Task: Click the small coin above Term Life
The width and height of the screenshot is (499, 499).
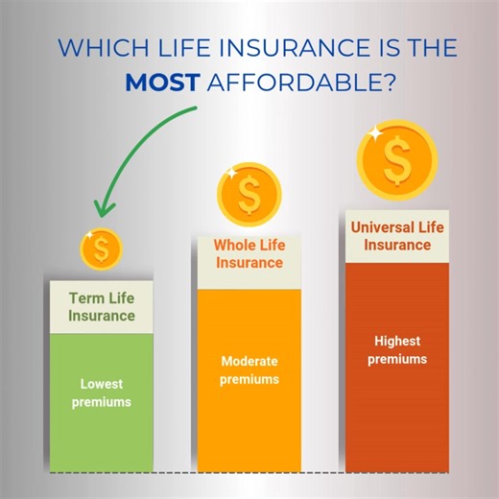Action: pyautogui.click(x=101, y=249)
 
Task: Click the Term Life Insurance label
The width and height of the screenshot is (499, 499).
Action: pyautogui.click(x=101, y=307)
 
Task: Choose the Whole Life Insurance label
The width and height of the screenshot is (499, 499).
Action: pyautogui.click(x=249, y=254)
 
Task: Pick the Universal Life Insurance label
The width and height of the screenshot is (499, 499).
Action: pyautogui.click(x=396, y=236)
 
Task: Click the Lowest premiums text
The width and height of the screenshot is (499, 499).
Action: pyautogui.click(x=101, y=392)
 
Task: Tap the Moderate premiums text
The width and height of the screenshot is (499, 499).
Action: pyautogui.click(x=249, y=370)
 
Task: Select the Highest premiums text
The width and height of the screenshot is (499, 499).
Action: pyautogui.click(x=396, y=349)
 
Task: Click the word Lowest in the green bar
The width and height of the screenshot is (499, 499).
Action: pyautogui.click(x=101, y=384)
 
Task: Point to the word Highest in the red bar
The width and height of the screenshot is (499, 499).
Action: pyautogui.click(x=396, y=341)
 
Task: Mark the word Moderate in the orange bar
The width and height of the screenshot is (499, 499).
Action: pyautogui.click(x=249, y=362)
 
